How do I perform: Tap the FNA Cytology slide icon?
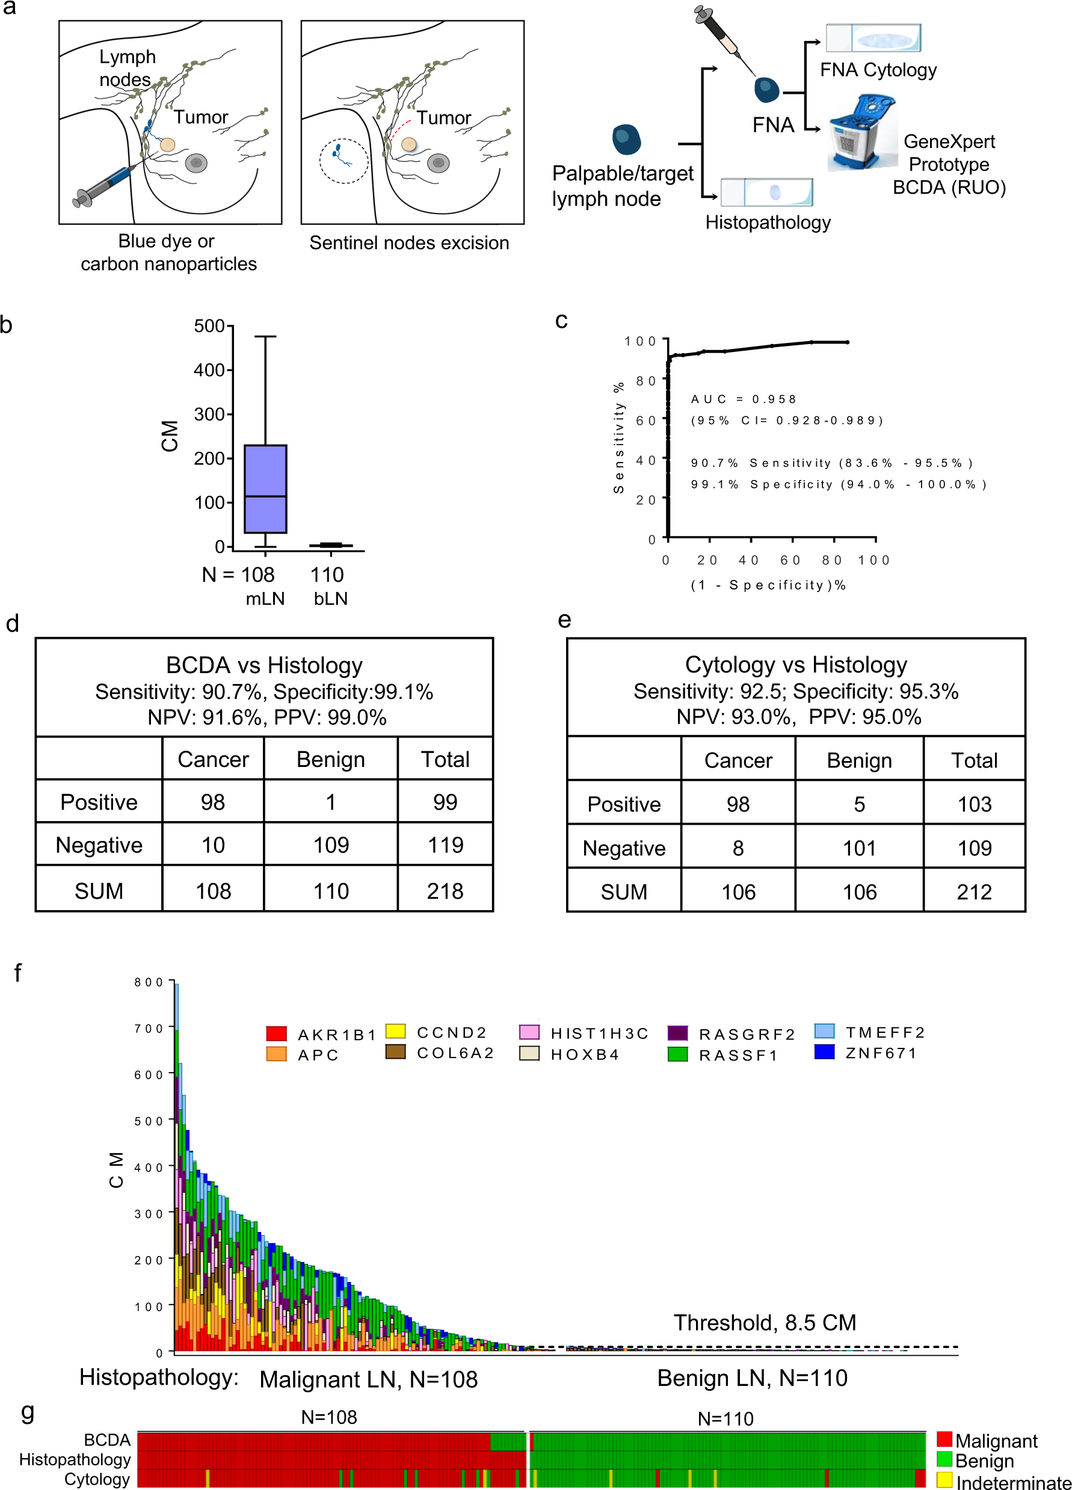coord(873,38)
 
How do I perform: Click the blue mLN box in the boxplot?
coord(265,489)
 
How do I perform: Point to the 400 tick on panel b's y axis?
coord(210,371)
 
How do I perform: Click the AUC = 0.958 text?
coord(743,399)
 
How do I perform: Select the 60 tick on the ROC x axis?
coord(790,561)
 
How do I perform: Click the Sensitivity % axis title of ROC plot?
coord(618,437)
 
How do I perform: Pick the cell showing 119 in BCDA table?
coord(445,845)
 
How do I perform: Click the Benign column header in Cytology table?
coord(858,760)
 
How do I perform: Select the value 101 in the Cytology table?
coord(858,848)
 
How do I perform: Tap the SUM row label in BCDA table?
coord(99,891)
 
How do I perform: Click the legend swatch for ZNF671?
coord(824,1052)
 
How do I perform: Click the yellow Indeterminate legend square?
coord(944,1481)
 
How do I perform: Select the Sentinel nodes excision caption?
coord(408,243)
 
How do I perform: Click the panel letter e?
coord(564,620)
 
